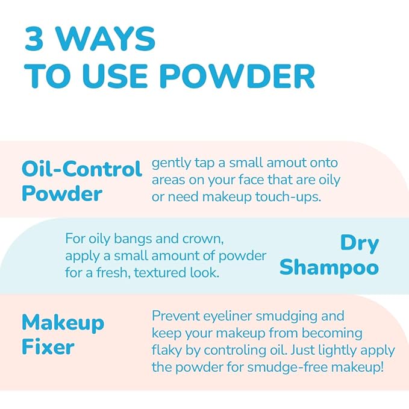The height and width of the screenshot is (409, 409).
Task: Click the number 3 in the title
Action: pyautogui.click(x=34, y=39)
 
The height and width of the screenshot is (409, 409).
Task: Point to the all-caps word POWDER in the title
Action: pyautogui.click(x=237, y=76)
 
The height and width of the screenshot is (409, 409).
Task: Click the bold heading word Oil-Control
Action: pyautogui.click(x=82, y=169)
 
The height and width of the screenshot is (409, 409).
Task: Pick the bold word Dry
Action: pyautogui.click(x=360, y=244)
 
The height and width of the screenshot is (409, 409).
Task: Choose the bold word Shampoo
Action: pyautogui.click(x=329, y=267)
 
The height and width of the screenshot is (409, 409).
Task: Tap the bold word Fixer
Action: pyautogui.click(x=48, y=347)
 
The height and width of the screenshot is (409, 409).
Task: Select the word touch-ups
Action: pyautogui.click(x=288, y=197)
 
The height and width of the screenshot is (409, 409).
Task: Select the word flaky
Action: pyautogui.click(x=166, y=351)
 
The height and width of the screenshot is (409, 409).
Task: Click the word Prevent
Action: pyautogui.click(x=176, y=316)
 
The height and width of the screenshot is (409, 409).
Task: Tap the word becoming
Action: pyautogui.click(x=332, y=334)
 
